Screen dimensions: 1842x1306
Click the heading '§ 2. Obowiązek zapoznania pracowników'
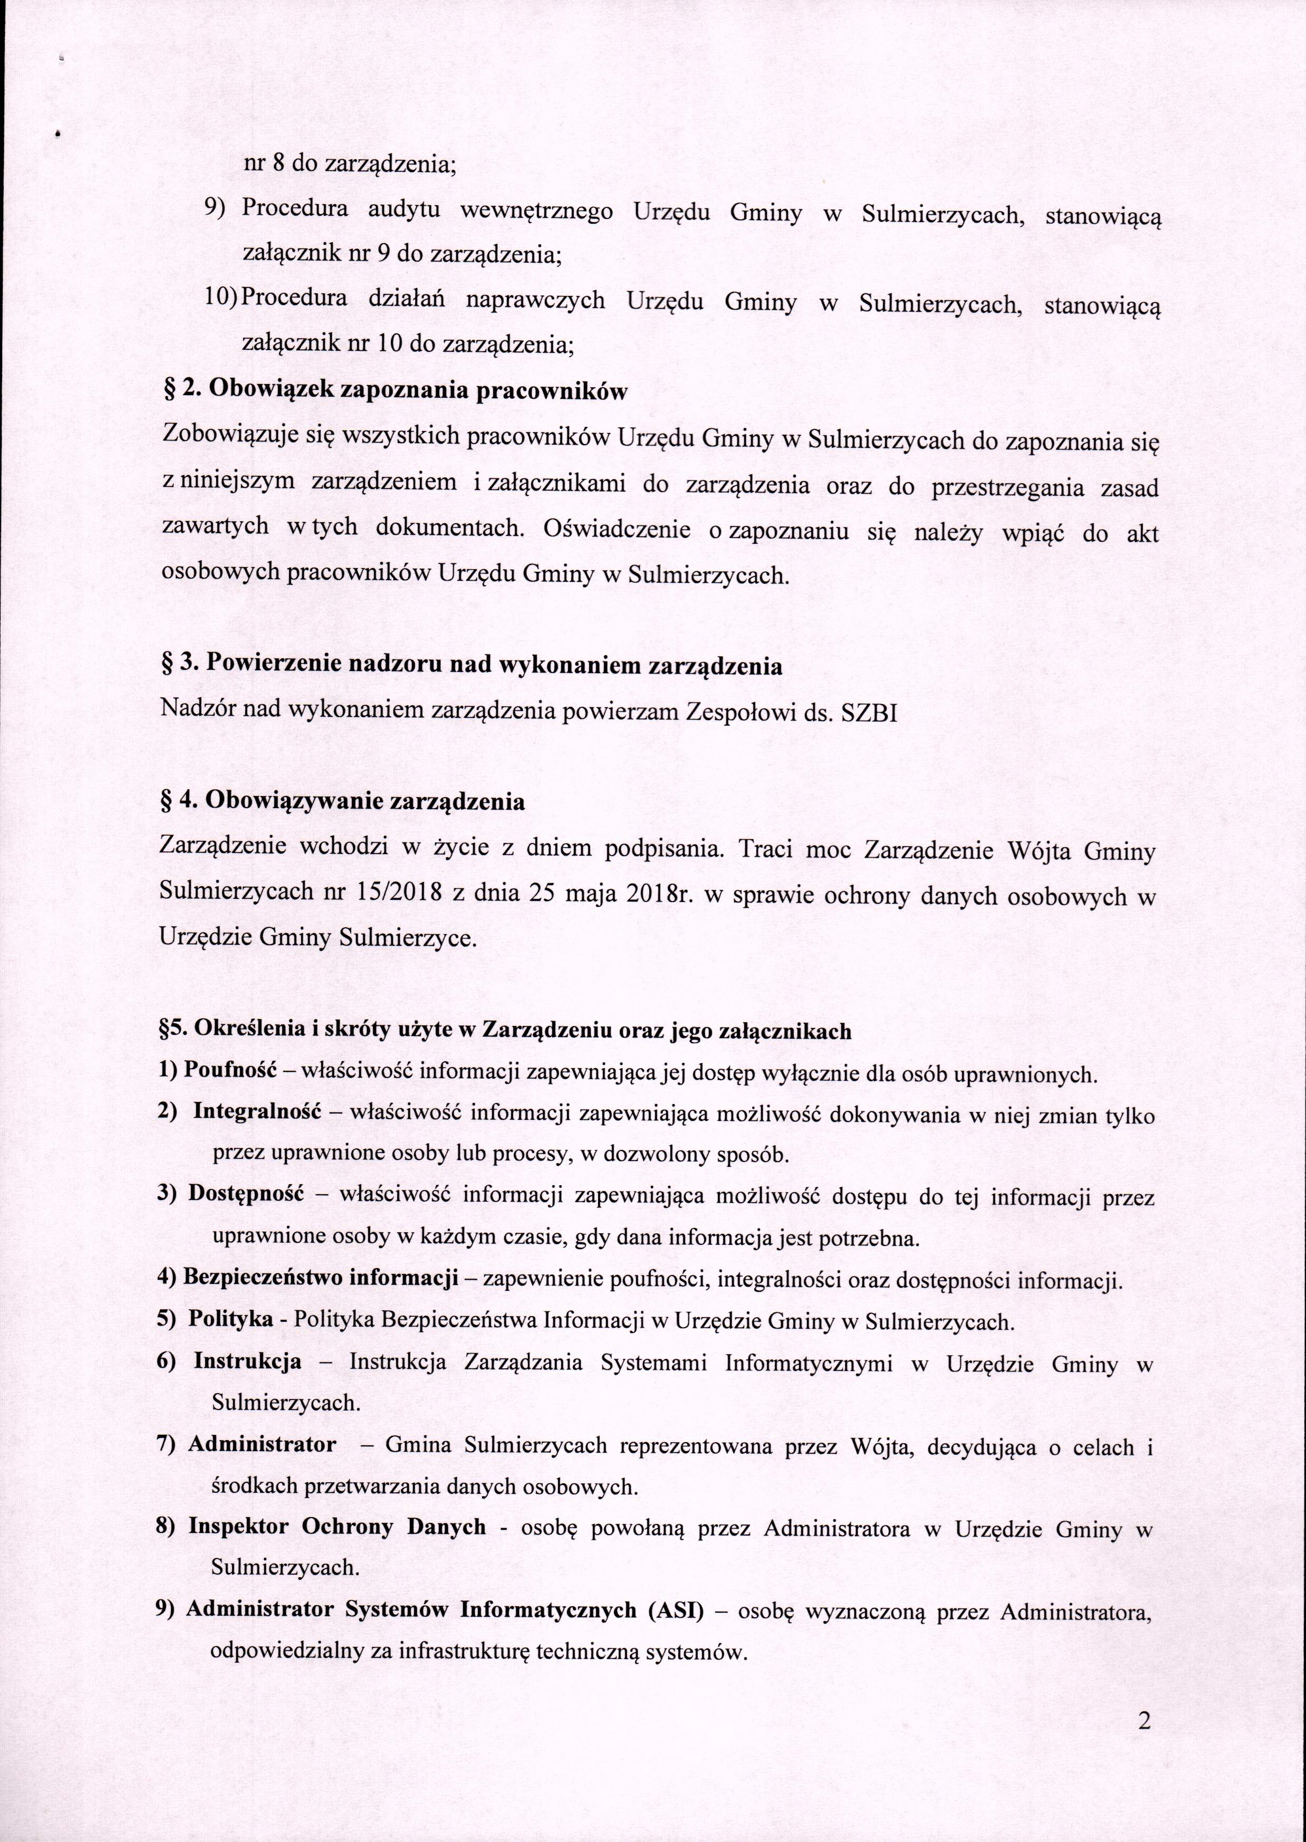click(x=395, y=391)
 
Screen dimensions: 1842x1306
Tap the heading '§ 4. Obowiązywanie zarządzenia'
click(x=343, y=802)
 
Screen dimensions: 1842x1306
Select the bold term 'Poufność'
click(x=230, y=1072)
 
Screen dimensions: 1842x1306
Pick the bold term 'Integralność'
click(x=257, y=1114)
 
